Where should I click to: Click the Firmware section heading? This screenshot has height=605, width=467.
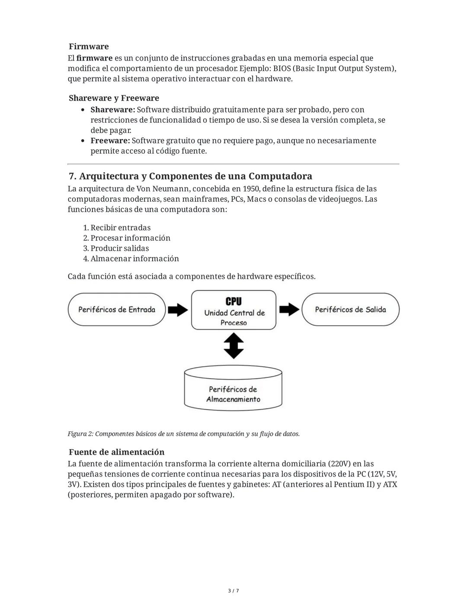pyautogui.click(x=89, y=46)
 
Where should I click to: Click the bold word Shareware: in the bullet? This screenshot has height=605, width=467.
pyautogui.click(x=112, y=110)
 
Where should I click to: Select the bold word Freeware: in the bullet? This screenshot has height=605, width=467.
pyautogui.click(x=110, y=141)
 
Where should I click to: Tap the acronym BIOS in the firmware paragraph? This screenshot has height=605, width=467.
pyautogui.click(x=282, y=68)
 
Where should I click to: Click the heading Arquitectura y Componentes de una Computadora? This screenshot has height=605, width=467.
pyautogui.click(x=190, y=176)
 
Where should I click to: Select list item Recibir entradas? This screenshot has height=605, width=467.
pyautogui.click(x=120, y=228)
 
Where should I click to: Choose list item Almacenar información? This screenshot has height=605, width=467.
pyautogui.click(x=134, y=259)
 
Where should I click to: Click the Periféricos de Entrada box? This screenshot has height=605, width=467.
pyautogui.click(x=117, y=310)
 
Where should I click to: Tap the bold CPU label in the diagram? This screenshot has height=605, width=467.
pyautogui.click(x=233, y=301)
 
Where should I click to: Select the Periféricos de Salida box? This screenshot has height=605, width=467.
pyautogui.click(x=350, y=310)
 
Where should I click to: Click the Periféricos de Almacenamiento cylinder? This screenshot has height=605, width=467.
pyautogui.click(x=233, y=388)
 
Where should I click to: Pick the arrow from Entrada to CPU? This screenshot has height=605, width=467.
pyautogui.click(x=178, y=310)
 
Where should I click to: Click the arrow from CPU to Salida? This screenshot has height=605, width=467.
pyautogui.click(x=289, y=309)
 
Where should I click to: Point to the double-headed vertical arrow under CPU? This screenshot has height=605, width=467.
pyautogui.click(x=233, y=346)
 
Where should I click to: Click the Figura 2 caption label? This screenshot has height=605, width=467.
pyautogui.click(x=80, y=434)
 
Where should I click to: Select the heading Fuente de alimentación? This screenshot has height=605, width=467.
pyautogui.click(x=116, y=452)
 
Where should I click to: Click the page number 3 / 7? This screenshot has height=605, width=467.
pyautogui.click(x=233, y=591)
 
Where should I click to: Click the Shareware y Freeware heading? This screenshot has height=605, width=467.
pyautogui.click(x=114, y=98)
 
